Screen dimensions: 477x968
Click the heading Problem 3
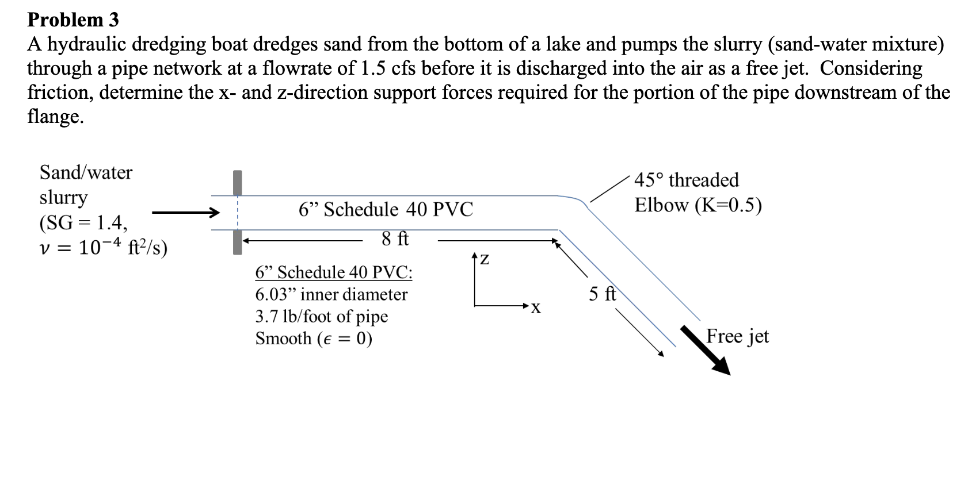[73, 20]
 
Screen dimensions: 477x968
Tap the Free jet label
[737, 336]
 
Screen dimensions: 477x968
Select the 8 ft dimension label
[395, 238]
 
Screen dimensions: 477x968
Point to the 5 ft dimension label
[602, 294]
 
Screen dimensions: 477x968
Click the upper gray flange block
[237, 182]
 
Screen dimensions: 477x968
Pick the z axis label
[485, 260]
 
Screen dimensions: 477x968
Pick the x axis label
[535, 309]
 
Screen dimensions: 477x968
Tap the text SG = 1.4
[84, 222]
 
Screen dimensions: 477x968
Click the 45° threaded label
[686, 180]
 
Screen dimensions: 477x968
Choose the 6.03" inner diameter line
[331, 295]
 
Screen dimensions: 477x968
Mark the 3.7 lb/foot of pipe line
[321, 317]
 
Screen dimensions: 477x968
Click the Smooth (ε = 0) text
[314, 338]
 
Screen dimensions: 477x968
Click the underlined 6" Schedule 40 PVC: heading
[334, 272]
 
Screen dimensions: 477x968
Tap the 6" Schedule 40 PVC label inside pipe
[386, 210]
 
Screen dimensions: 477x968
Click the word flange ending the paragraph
[55, 117]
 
